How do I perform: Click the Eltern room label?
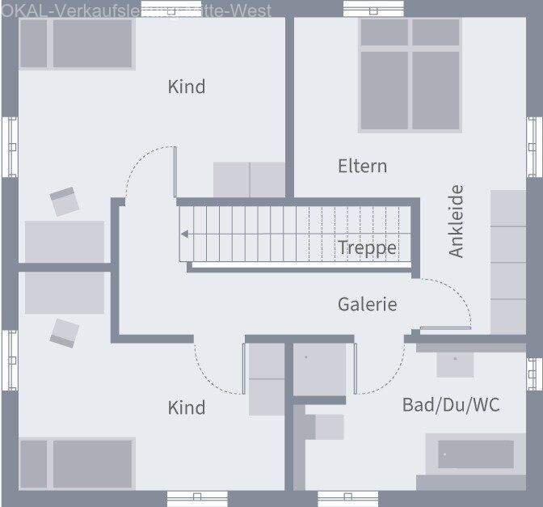tap(362, 166)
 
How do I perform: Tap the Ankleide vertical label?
tap(457, 221)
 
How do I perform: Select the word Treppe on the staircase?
tap(368, 247)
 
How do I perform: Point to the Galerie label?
tap(368, 304)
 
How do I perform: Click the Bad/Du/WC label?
tap(451, 404)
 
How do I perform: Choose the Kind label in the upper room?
tap(187, 87)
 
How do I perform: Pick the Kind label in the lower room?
tap(187, 408)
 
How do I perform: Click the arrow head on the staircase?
tap(185, 234)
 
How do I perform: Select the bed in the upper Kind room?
tap(77, 44)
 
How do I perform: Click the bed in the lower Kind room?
tap(77, 463)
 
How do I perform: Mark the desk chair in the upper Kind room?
tap(64, 201)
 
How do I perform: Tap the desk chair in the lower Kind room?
tap(64, 332)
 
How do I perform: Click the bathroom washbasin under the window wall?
tap(456, 363)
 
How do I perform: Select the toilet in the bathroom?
tap(326, 426)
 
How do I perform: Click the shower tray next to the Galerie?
tap(318, 370)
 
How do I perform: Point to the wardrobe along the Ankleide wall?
tap(508, 261)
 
